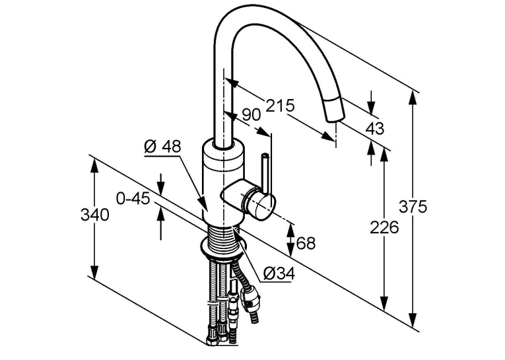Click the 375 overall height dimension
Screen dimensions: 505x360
point(413,207)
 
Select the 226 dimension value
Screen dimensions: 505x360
point(384,227)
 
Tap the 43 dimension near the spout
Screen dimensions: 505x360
point(375,129)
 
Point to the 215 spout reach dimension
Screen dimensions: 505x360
point(280,106)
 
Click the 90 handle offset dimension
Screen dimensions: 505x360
point(251,115)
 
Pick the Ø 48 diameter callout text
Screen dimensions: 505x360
point(162,147)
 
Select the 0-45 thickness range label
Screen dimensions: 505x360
point(133,199)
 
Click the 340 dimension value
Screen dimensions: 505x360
point(94,215)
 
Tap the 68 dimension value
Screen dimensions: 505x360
point(306,243)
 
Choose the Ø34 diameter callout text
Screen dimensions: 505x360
point(279,273)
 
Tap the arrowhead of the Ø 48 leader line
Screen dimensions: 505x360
point(203,203)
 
